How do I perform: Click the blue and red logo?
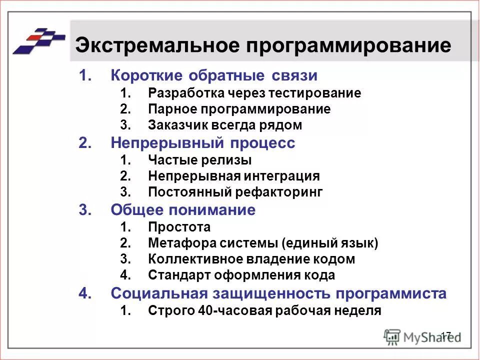(x=39, y=40)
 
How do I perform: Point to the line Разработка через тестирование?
(x=254, y=93)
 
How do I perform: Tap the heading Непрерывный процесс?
(x=203, y=143)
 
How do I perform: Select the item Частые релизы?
(x=199, y=160)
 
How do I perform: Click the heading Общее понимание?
(x=183, y=210)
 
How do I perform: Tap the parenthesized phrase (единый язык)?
(x=330, y=243)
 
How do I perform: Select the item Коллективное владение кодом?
(x=251, y=259)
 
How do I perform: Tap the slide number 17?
(x=446, y=334)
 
